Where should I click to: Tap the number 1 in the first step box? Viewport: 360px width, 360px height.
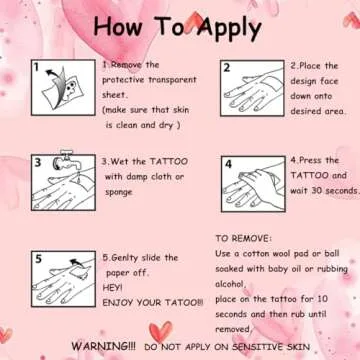[37, 68]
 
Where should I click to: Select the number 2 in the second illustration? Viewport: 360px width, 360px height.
[227, 68]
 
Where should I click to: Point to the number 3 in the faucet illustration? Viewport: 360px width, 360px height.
[38, 163]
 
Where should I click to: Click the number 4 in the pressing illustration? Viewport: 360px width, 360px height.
[228, 164]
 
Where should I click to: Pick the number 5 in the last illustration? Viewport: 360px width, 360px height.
[39, 259]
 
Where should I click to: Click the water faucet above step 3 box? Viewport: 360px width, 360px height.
[63, 160]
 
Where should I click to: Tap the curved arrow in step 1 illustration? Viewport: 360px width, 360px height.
[57, 83]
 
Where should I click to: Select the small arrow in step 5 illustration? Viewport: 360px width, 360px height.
[76, 263]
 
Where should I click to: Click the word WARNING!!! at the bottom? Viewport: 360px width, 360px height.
[104, 346]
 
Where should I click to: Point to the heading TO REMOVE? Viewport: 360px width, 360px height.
[244, 239]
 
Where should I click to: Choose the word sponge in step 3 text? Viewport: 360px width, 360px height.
[119, 192]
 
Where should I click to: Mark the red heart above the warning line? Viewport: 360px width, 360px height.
[161, 332]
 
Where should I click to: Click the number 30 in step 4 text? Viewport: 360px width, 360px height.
[316, 191]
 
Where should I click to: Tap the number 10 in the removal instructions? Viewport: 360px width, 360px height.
[323, 299]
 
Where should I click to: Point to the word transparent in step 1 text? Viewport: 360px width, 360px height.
[172, 80]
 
